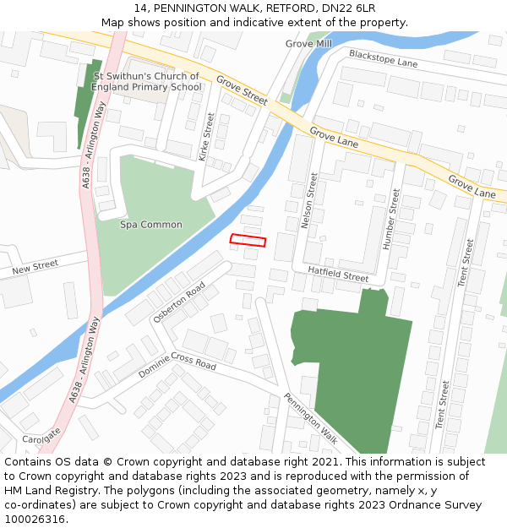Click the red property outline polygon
coord(248,241)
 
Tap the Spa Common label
coord(151,225)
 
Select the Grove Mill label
coord(308,44)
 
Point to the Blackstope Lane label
coord(383,58)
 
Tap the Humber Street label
coord(391,219)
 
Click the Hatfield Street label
coord(338,274)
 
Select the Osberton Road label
coord(179,302)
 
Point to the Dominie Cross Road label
coord(177,362)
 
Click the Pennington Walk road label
coord(310,418)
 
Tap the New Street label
coord(35,268)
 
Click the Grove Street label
coord(242,90)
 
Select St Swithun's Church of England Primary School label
coord(146,82)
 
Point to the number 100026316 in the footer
coord(36,519)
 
